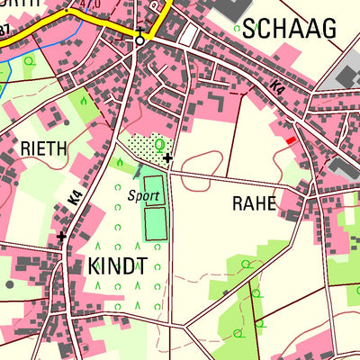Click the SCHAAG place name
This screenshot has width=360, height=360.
click(288, 29)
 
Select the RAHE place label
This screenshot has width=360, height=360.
click(254, 203)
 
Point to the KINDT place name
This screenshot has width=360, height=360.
click(117, 265)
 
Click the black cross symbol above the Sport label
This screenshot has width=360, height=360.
click(168, 158)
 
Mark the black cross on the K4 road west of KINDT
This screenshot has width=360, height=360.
click(61, 237)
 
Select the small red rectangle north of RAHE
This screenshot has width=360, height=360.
click(290, 139)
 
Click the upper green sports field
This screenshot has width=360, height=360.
click(154, 190)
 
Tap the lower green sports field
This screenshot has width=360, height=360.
click(156, 223)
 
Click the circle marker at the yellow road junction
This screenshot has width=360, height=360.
click(139, 40)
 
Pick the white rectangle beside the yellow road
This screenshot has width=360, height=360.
click(188, 35)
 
